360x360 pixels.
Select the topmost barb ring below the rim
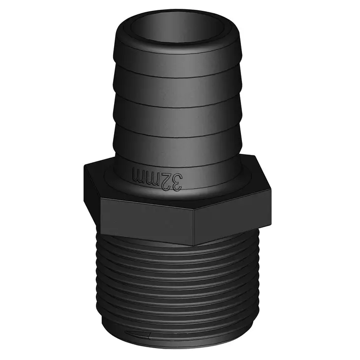pyautogui.click(x=180, y=64)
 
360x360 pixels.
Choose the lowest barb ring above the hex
pyautogui.click(x=180, y=143)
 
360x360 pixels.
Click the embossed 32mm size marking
pyautogui.click(x=157, y=179)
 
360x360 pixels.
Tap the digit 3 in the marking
pyautogui.click(x=176, y=181)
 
